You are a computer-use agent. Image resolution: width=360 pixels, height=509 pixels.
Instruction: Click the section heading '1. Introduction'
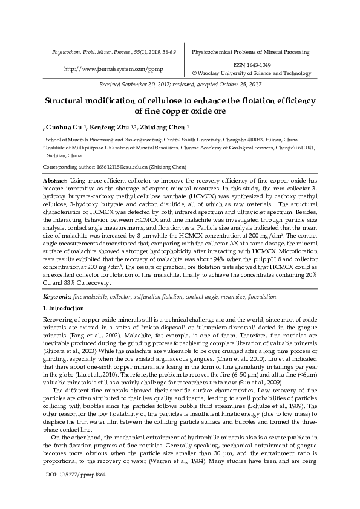68,309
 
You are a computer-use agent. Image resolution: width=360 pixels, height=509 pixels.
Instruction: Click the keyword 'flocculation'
258,297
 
